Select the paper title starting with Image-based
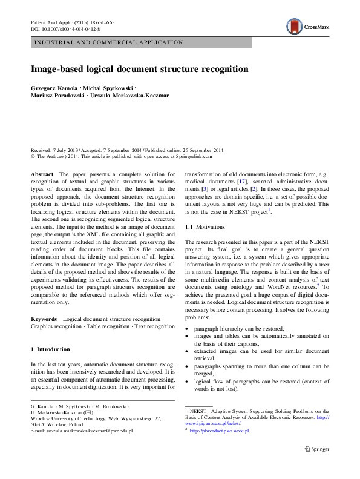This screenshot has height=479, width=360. [139, 69]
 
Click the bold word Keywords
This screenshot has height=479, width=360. [44, 318]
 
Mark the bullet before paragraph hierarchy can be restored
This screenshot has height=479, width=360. [187, 328]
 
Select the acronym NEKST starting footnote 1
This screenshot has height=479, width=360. [198, 411]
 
